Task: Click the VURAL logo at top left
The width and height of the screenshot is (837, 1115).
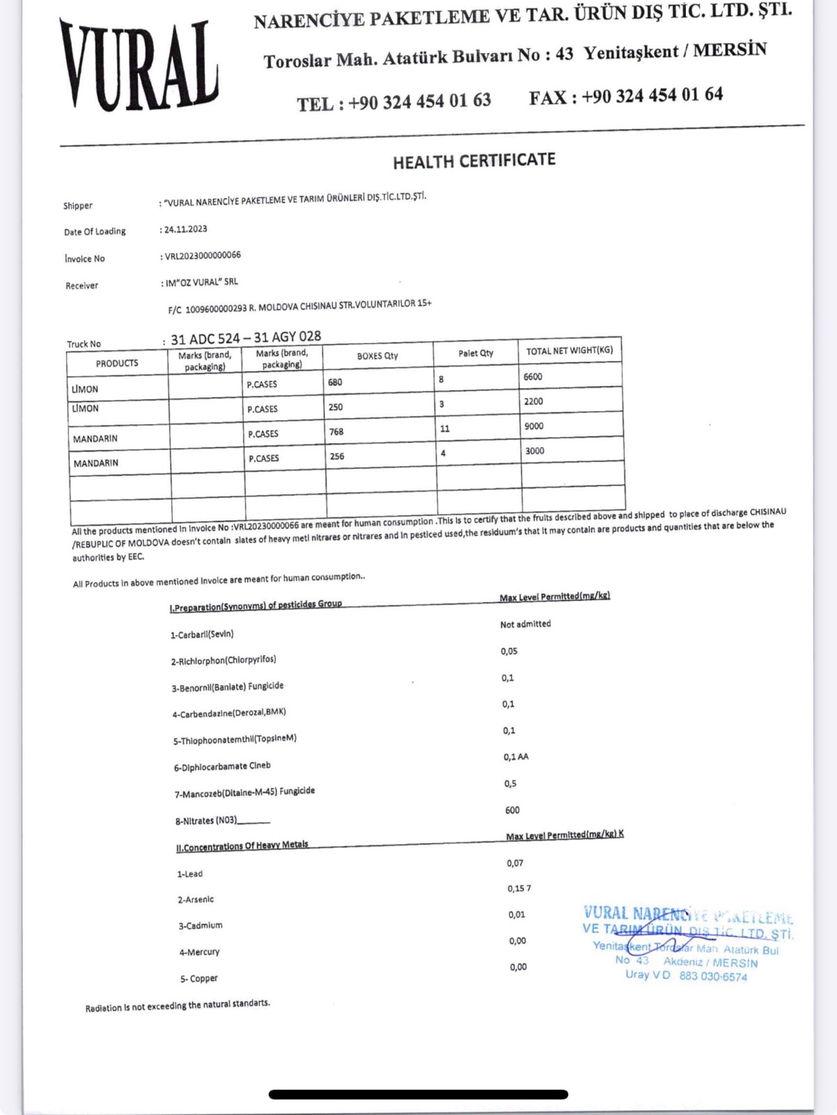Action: [139, 66]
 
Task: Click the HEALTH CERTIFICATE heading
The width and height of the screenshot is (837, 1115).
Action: [474, 162]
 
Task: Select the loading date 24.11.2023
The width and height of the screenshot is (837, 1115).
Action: [185, 229]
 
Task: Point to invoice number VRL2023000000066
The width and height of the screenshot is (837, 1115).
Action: [203, 256]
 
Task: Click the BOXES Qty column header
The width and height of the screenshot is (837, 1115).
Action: [377, 356]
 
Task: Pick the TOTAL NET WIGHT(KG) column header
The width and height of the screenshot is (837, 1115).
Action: [569, 351]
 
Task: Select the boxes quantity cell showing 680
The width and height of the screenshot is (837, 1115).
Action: [335, 382]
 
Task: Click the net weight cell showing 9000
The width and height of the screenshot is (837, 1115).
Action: [533, 426]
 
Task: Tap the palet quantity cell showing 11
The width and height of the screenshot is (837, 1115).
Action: [445, 429]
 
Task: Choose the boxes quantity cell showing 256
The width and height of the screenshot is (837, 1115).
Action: [337, 456]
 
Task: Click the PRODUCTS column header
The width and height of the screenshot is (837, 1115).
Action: [117, 363]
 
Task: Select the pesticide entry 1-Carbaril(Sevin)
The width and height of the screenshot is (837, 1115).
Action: [202, 634]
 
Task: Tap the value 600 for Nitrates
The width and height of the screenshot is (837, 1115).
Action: [512, 810]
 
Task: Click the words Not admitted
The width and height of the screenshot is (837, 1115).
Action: [525, 624]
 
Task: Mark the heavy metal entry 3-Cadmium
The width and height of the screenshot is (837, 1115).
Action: [201, 925]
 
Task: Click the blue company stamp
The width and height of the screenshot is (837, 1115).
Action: [687, 943]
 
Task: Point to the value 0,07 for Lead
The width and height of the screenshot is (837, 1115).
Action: [515, 863]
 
